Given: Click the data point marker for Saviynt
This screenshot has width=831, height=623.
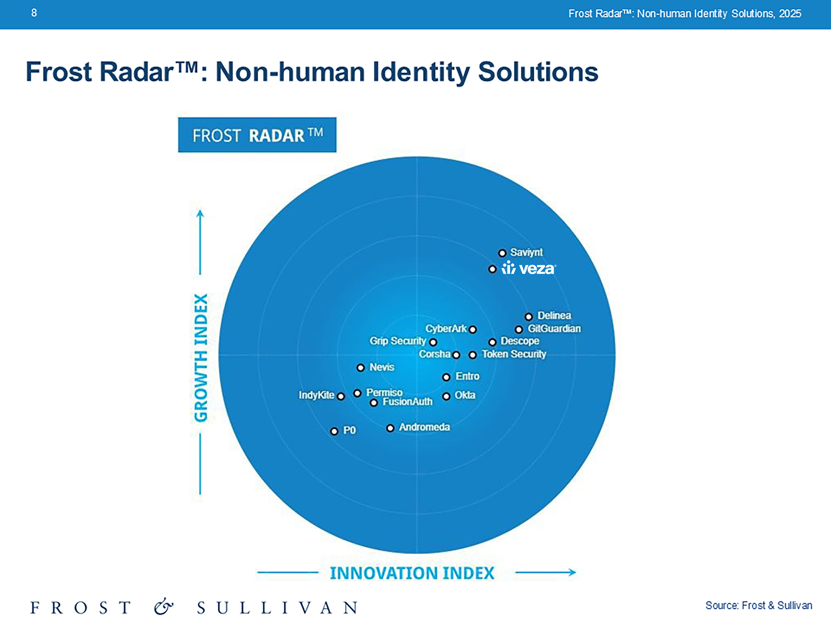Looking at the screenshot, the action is click(x=502, y=253).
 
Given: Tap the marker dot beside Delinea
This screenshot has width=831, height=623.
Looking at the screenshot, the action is click(x=529, y=316).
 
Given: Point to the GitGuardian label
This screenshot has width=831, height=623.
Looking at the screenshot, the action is click(x=554, y=329).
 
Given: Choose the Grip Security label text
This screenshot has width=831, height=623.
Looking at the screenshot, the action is click(x=398, y=341).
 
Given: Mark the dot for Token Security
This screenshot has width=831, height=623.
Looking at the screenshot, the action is click(x=473, y=355).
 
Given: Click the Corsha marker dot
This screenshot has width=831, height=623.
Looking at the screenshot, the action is click(x=456, y=355).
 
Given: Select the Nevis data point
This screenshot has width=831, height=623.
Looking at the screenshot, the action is click(x=361, y=368).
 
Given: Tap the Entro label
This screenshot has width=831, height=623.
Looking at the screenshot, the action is click(x=467, y=376).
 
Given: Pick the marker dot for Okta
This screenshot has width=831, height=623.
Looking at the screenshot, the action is click(x=446, y=396).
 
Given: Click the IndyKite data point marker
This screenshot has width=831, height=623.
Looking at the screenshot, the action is click(x=341, y=396).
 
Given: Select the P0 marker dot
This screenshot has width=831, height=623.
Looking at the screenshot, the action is click(x=334, y=431).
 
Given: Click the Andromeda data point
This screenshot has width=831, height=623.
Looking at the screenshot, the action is click(x=390, y=428).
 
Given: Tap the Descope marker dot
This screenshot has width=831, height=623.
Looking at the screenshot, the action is click(x=493, y=342).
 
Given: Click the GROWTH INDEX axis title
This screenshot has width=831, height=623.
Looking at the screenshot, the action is click(x=201, y=358).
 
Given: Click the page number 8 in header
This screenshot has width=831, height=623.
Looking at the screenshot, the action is click(x=34, y=13).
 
